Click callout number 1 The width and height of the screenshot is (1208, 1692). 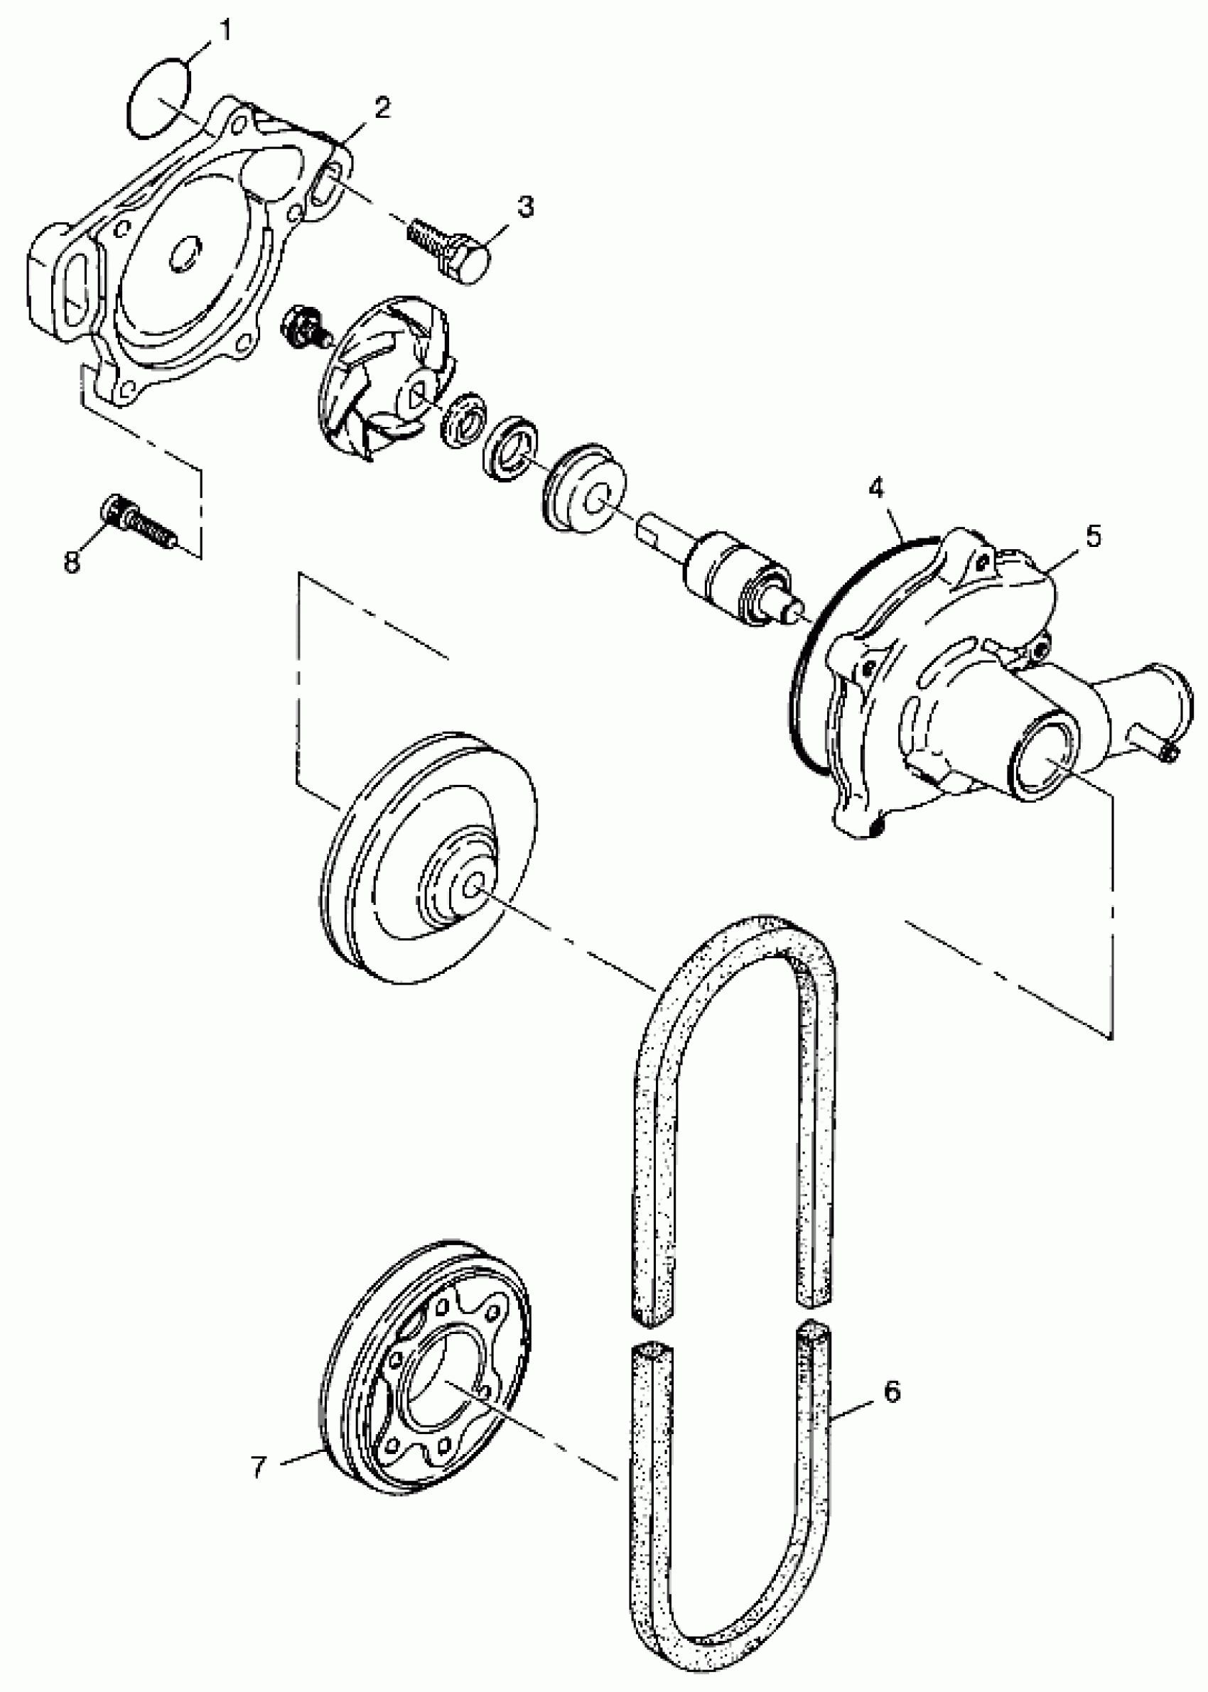[225, 31]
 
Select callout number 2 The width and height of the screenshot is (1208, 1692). [382, 108]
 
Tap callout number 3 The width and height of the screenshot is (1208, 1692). [526, 207]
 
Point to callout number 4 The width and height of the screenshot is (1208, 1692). [877, 489]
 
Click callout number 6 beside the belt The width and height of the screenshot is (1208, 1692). [892, 1391]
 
